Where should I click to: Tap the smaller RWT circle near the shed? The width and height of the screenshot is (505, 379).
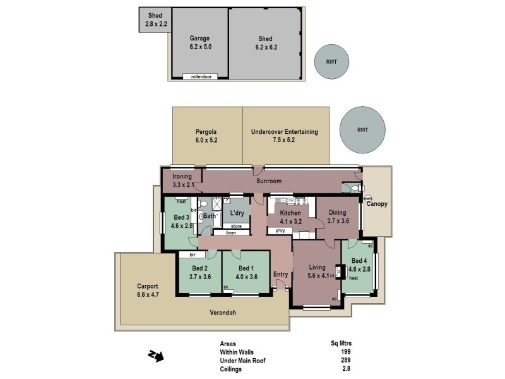click(x=331, y=62)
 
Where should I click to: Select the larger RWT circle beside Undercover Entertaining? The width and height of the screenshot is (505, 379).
click(x=362, y=130)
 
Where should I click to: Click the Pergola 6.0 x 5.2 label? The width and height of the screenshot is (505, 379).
click(x=206, y=136)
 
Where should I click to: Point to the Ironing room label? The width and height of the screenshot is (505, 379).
click(x=182, y=181)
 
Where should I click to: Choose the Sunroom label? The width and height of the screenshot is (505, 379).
click(x=268, y=181)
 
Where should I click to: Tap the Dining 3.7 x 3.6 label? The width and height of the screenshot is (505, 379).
click(x=337, y=217)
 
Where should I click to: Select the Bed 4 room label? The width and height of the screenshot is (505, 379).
click(x=359, y=265)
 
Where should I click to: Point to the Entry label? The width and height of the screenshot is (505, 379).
click(x=280, y=274)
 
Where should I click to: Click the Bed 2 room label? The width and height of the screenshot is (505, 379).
click(x=199, y=272)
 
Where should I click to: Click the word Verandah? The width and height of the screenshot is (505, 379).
click(x=223, y=313)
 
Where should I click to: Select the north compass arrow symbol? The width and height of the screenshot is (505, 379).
click(x=156, y=356)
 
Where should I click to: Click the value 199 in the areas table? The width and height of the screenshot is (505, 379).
click(x=345, y=352)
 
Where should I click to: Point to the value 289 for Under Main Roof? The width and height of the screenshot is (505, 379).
click(x=345, y=360)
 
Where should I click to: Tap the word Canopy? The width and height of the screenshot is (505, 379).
click(x=377, y=204)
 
